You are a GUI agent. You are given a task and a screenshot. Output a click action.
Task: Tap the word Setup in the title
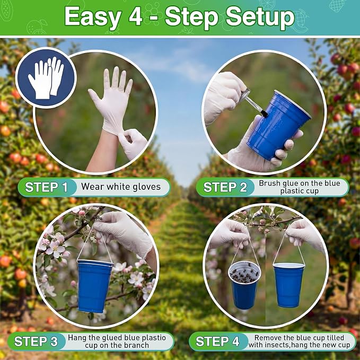coord(260,17)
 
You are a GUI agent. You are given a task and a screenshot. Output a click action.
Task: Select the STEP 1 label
coord(46,187)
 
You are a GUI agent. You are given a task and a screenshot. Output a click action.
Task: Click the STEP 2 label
coord(225,187)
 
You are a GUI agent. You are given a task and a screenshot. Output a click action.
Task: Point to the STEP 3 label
coord(36,341)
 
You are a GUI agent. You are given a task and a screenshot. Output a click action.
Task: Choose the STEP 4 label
coord(217,341)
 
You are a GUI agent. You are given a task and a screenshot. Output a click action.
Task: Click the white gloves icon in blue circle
coord(46,77)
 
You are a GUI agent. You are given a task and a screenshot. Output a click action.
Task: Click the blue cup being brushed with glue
coord(278,125)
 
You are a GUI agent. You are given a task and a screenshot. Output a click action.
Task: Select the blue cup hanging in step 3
coord(94,286)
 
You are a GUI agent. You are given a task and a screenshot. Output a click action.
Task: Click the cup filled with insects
coord(244,285)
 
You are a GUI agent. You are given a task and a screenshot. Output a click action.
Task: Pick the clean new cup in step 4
coord(288,285)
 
